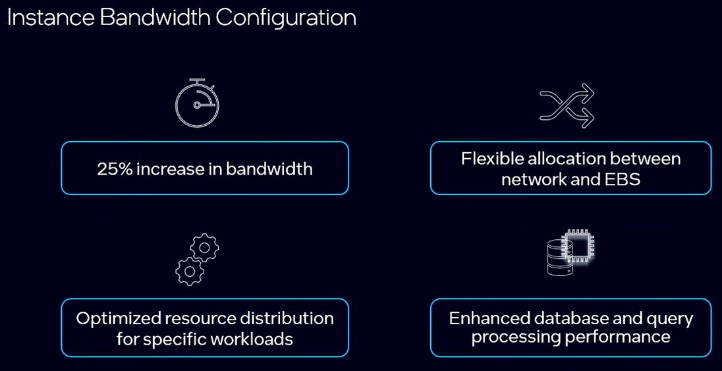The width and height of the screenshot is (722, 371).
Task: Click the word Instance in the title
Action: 50,18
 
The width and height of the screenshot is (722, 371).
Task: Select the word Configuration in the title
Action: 286,18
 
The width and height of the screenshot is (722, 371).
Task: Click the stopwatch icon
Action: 197,103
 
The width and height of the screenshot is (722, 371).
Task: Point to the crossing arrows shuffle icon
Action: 567,105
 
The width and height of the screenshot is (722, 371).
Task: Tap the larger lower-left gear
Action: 188,270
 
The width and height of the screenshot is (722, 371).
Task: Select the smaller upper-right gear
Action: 205,248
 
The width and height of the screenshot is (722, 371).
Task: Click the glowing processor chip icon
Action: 578,248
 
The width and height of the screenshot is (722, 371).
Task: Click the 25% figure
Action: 115,169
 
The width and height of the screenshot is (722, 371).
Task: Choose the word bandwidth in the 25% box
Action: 269,169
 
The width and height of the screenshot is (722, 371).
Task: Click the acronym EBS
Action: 623,179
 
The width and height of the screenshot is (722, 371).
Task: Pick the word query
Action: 670,319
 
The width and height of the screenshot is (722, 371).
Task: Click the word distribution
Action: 292,319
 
